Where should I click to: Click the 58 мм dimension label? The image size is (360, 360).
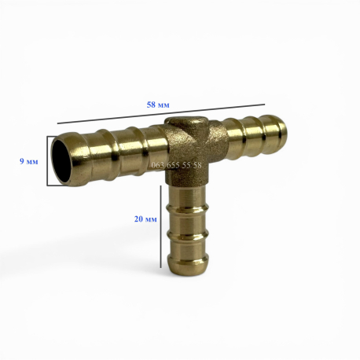point(158,105)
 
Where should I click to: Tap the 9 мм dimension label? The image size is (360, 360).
point(29,161)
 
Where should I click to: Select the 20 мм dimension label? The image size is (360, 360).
point(145,219)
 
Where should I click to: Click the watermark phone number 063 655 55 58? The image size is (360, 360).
point(176,165)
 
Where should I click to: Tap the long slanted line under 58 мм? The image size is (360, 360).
point(161,113)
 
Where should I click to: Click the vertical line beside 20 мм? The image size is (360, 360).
point(160,226)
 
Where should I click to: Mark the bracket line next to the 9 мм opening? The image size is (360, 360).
point(47,160)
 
